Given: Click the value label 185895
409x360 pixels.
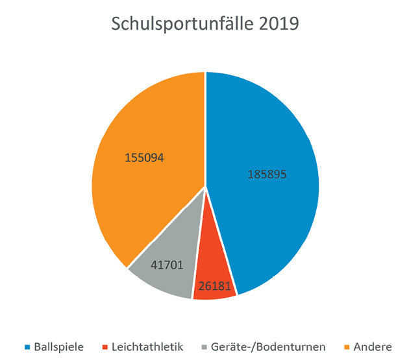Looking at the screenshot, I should pos(267,174).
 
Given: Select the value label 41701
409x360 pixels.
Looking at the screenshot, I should pos(166,265).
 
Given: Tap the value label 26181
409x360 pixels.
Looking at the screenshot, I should pos(214,285).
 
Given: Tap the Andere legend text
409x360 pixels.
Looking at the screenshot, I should pos(373,347).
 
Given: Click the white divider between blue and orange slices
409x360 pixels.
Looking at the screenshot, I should pos(205,130).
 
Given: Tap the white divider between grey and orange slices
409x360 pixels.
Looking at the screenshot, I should pos(166,227).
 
